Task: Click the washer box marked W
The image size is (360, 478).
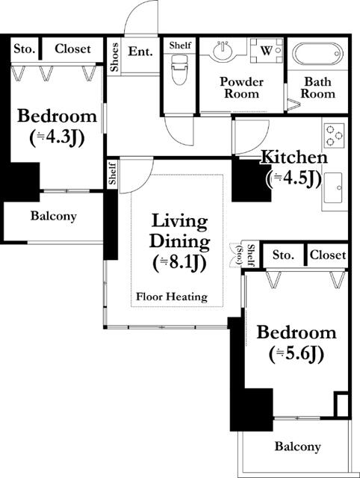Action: [266, 52]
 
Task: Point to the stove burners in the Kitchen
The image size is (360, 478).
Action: [332, 136]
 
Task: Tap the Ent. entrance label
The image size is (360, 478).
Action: [140, 52]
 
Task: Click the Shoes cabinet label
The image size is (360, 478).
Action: [114, 58]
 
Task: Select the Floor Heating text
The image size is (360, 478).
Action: [171, 297]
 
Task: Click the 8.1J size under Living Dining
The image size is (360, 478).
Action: [180, 262]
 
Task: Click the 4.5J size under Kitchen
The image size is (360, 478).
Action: [294, 178]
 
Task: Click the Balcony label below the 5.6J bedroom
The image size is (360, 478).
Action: [297, 447]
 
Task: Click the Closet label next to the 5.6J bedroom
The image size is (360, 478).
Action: [328, 255]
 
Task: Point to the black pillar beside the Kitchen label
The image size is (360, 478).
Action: [250, 181]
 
